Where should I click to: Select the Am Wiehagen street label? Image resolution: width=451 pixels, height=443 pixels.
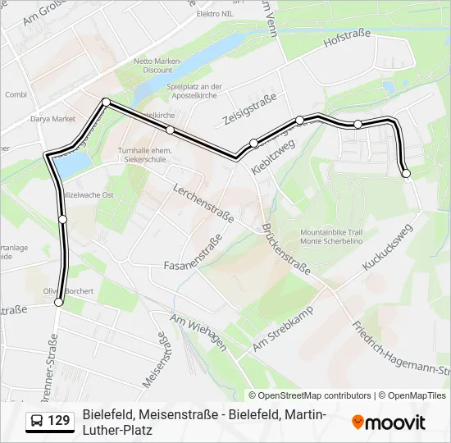click(198, 331)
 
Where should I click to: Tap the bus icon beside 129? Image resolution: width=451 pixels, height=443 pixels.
click(38, 421)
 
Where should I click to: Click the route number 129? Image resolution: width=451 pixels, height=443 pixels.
click(59, 421)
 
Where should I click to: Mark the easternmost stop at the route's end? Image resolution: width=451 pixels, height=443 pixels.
click(406, 173)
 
